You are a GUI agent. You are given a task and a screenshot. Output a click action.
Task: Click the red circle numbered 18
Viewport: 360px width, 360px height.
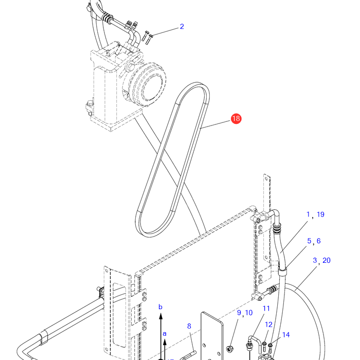(236, 118)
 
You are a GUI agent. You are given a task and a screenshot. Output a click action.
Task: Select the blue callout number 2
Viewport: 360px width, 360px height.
(182, 27)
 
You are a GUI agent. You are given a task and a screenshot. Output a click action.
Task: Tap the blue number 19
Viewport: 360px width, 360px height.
(320, 214)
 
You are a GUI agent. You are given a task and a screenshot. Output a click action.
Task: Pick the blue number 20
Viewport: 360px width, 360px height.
(326, 260)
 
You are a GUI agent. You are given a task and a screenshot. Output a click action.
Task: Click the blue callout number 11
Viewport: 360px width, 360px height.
(266, 309)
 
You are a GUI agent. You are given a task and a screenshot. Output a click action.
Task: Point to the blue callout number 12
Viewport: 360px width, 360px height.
(268, 325)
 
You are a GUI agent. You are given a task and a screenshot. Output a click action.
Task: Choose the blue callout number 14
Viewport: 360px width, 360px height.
(286, 335)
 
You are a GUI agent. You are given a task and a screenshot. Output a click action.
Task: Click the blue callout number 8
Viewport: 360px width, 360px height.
(189, 326)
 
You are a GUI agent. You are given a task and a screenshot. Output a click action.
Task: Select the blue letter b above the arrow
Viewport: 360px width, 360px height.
(160, 307)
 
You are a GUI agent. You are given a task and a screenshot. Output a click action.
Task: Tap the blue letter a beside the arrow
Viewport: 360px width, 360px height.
(165, 334)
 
